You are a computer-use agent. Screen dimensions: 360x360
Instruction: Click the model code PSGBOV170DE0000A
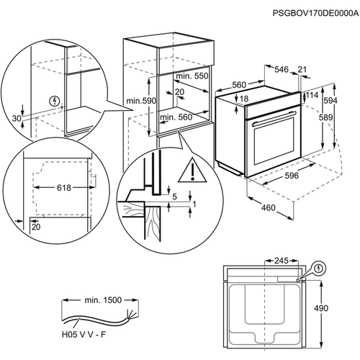[315, 13]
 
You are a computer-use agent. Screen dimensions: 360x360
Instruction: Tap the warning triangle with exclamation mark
[192, 170]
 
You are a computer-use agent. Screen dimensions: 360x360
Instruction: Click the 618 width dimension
[64, 188]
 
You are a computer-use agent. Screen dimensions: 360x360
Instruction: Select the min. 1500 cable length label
[103, 300]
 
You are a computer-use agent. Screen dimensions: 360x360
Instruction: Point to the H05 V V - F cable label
[84, 335]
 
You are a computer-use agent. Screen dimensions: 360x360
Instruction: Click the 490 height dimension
[321, 308]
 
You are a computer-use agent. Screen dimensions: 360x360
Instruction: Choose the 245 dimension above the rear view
[282, 261]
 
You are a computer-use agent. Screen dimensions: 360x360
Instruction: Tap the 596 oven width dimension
[292, 176]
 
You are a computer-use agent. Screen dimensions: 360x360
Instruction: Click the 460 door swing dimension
[269, 207]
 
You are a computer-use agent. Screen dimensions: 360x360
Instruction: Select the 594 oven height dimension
[330, 101]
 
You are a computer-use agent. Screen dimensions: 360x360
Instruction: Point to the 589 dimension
[326, 117]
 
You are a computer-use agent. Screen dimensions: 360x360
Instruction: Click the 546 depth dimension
[282, 70]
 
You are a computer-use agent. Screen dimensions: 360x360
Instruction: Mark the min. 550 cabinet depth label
[192, 76]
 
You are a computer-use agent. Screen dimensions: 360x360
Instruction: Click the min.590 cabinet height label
[141, 101]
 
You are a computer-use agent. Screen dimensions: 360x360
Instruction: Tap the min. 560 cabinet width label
[176, 117]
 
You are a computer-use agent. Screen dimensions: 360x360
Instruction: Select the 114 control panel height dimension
[312, 95]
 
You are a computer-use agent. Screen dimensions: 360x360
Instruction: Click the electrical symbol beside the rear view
[319, 269]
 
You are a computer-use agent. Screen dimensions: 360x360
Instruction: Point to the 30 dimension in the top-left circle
[17, 118]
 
